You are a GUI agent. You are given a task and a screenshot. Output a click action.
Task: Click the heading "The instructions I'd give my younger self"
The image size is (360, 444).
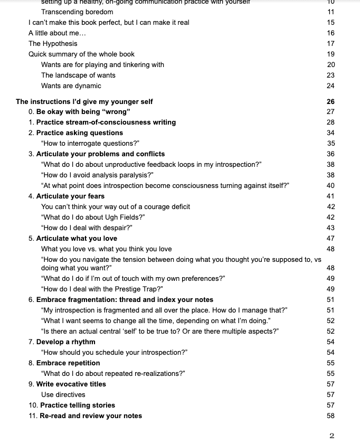coord(84,101)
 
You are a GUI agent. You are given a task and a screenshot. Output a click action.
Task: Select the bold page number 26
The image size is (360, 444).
coord(330,101)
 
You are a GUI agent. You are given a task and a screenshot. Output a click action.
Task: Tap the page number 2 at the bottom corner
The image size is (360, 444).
coord(331,436)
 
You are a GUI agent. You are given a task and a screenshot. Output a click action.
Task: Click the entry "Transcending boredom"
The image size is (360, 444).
coord(77,12)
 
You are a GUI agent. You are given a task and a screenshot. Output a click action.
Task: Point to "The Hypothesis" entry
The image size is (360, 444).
coord(53,43)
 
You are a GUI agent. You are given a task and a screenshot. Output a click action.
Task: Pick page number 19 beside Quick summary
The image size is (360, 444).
coord(330,54)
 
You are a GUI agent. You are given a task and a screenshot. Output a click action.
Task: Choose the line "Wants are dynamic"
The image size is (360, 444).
coord(71,86)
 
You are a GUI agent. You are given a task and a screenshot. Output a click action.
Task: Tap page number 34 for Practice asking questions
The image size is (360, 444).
coord(330,133)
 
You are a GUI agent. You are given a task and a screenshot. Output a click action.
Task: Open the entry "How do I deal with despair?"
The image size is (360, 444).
coord(87,228)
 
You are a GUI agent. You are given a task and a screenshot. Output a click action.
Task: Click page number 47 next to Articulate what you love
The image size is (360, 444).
coord(330,239)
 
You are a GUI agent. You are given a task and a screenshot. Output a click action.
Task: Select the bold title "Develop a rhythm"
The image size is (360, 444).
coord(66,342)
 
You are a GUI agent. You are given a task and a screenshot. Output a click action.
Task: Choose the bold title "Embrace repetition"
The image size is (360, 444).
coord(68,363)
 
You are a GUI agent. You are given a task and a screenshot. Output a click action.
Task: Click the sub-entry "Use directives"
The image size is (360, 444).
coord(63,394)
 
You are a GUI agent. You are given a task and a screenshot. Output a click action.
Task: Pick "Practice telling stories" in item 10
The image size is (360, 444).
coord(78,405)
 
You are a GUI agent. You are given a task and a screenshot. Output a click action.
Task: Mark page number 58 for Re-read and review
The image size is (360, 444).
coord(330,415)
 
